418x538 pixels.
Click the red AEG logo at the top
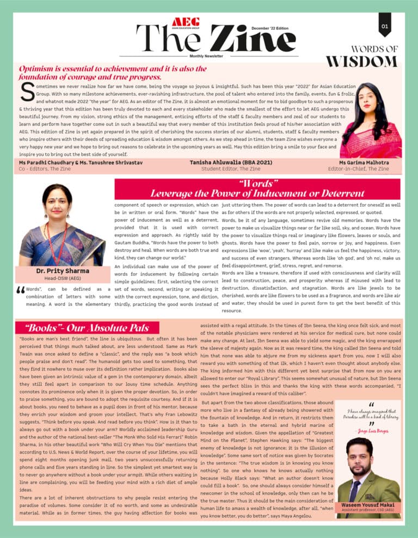[x=185, y=22]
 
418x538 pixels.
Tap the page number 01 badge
[x=385, y=26]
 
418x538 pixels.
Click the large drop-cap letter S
[x=27, y=93]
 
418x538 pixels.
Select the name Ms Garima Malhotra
[x=364, y=162]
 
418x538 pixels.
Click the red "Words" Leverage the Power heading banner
[x=257, y=189]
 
